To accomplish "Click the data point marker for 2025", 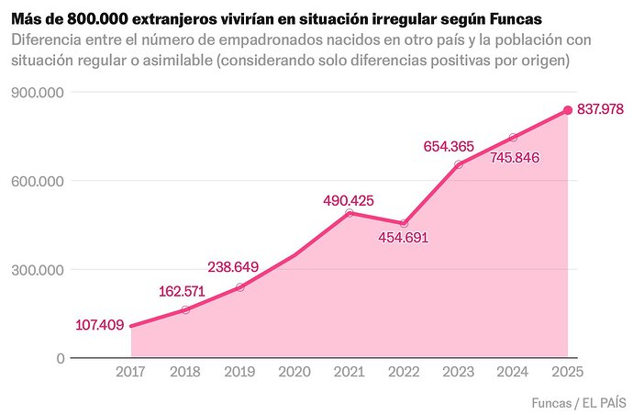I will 567,110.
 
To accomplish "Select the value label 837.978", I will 600,109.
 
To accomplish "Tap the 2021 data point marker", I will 349,213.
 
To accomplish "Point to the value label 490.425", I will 348,199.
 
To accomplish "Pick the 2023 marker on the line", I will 458,164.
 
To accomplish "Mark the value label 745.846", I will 515,157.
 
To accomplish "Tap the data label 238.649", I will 233,267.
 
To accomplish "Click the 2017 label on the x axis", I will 131,372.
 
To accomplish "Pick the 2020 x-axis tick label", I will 294,372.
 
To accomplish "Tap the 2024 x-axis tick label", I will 513,372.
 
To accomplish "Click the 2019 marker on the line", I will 240,287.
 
